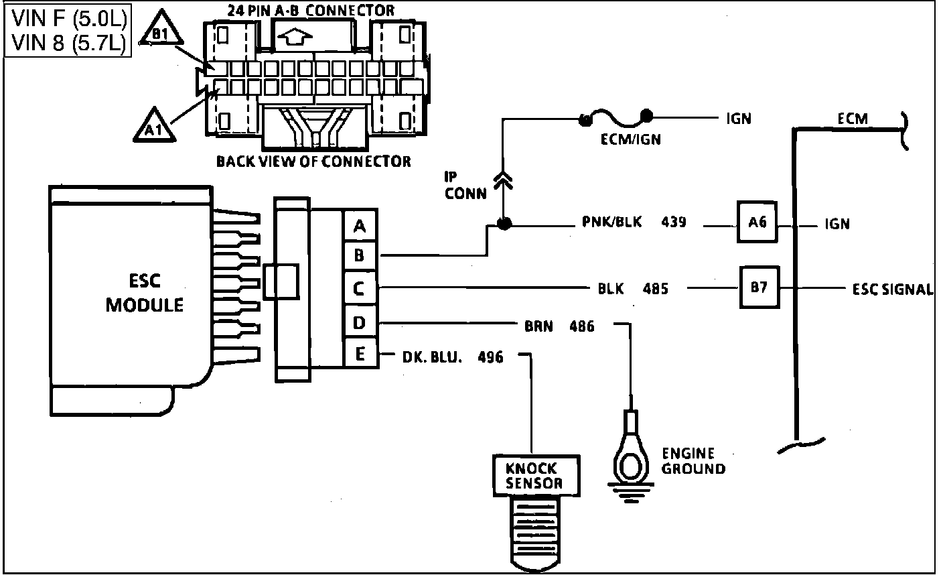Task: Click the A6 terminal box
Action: [757, 222]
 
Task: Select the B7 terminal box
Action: [759, 287]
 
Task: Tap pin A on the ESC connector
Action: [360, 225]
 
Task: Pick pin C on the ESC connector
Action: [360, 289]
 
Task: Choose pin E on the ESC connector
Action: [360, 353]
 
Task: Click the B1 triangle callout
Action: [161, 28]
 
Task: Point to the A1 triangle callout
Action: [154, 125]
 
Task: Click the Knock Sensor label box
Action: [536, 476]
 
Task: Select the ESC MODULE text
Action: [145, 293]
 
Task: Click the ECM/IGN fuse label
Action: [630, 139]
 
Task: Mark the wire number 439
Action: [674, 222]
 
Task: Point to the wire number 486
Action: [582, 326]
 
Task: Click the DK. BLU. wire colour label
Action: [432, 357]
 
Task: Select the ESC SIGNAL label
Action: [893, 290]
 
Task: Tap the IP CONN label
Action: [465, 186]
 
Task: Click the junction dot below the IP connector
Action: [504, 223]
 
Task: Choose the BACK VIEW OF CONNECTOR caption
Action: [313, 162]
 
